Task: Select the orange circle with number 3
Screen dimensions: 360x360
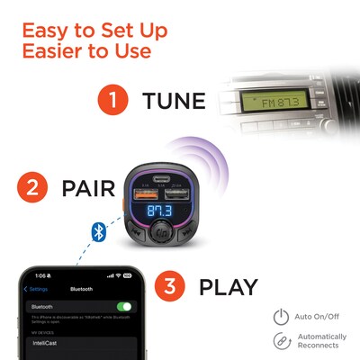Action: click(171, 287)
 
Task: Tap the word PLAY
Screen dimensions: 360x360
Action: click(229, 287)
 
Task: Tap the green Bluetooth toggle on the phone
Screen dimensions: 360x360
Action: click(123, 307)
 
